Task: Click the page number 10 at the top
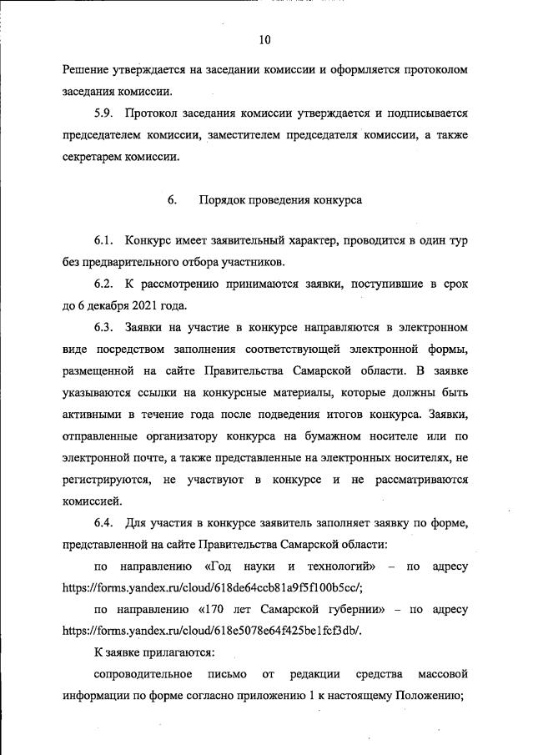pos(265,39)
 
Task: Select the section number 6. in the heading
pos(173,200)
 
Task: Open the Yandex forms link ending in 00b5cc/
pos(214,587)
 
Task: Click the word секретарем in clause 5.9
pos(93,156)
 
